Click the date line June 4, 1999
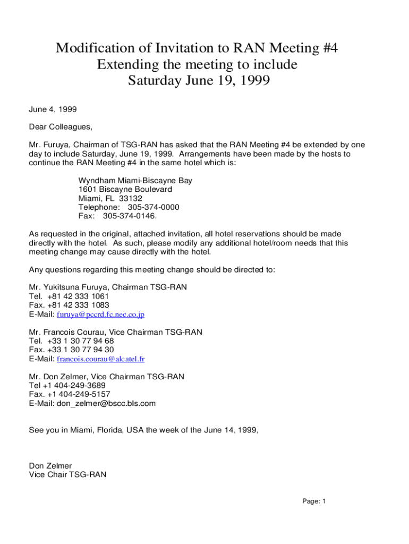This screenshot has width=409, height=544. tap(53, 109)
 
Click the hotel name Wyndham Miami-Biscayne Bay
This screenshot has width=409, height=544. tap(135, 181)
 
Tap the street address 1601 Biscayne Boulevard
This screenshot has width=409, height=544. tap(125, 190)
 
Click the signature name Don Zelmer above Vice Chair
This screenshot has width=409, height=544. tap(50, 466)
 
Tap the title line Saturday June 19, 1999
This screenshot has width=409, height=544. tap(199, 81)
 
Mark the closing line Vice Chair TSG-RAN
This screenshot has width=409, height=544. tap(67, 475)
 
